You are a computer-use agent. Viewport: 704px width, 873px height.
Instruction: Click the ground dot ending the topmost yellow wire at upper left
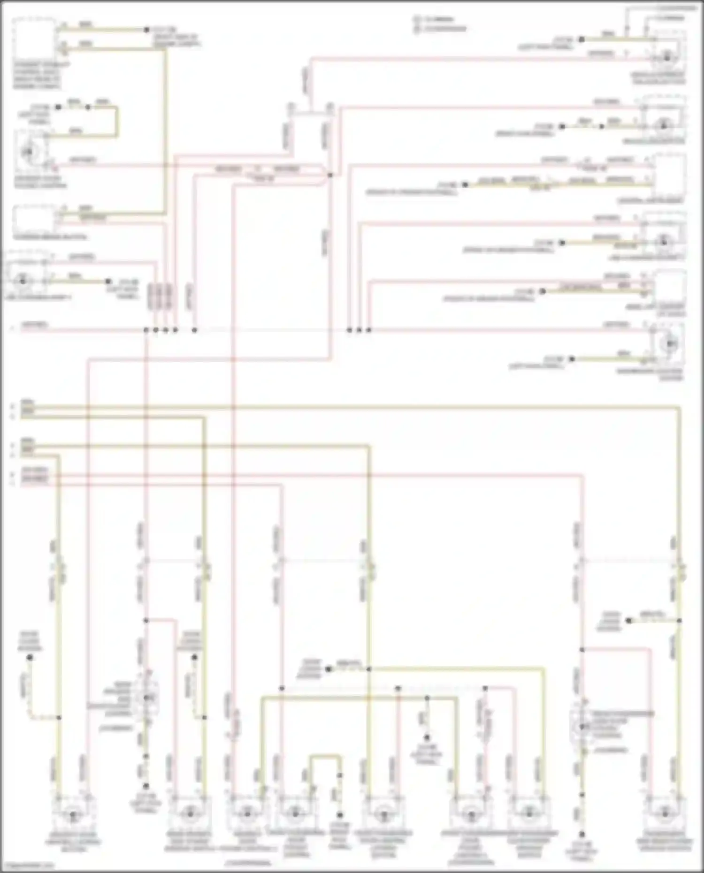(146, 30)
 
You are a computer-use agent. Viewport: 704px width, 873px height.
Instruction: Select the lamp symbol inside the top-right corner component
(667, 58)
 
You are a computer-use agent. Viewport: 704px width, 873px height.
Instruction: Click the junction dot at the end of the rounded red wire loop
(330, 175)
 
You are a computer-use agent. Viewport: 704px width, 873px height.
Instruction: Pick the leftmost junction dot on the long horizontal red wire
(146, 330)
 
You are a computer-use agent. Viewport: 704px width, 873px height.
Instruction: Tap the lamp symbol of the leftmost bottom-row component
(72, 815)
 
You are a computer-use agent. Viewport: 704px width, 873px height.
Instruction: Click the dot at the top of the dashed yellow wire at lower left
(30, 658)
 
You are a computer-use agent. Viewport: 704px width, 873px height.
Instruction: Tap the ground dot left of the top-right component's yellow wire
(581, 40)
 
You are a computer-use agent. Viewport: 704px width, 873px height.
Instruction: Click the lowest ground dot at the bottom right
(582, 834)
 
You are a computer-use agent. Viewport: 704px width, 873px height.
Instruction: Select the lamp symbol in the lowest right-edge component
(668, 344)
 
